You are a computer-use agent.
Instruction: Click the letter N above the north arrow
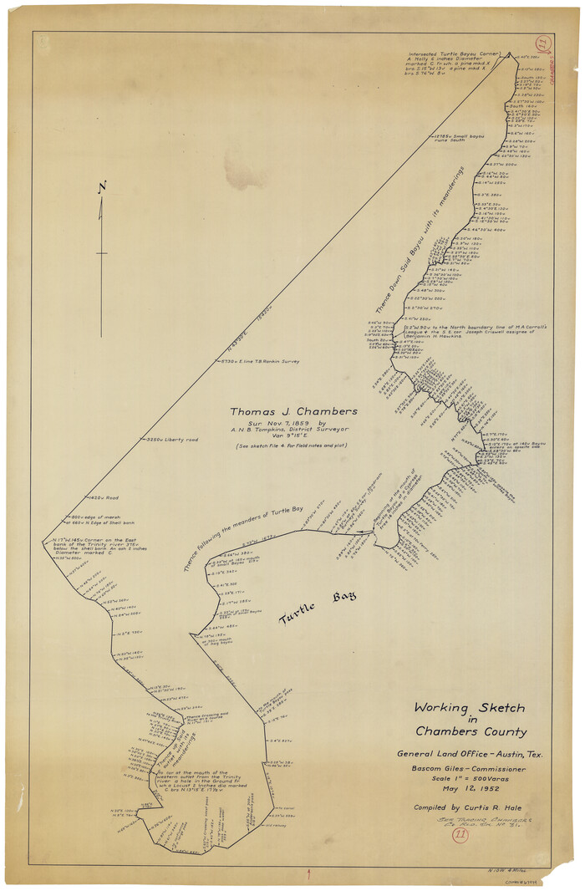coord(101,187)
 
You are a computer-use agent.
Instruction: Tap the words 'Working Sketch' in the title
coord(470,708)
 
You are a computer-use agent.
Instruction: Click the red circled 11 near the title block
coord(460,834)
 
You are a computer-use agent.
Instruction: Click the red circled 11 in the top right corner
coord(542,44)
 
